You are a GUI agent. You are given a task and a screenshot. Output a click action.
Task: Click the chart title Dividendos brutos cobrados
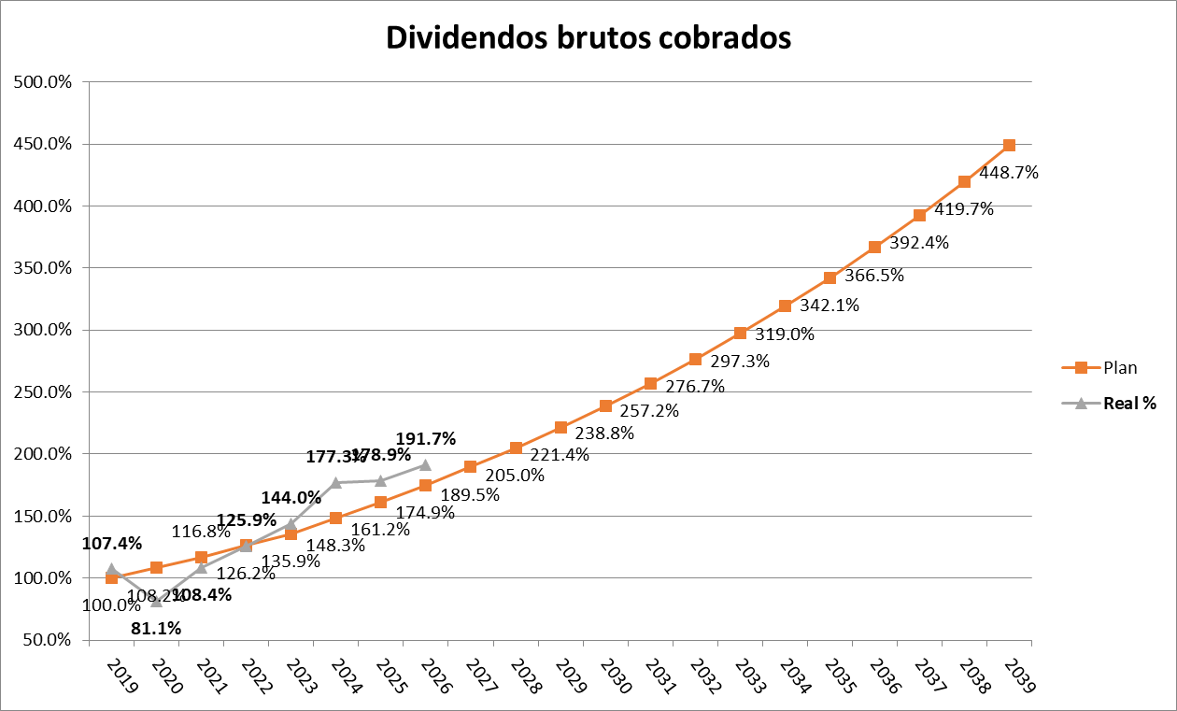click(x=588, y=37)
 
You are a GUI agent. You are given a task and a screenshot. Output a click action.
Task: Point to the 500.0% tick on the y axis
click(x=44, y=82)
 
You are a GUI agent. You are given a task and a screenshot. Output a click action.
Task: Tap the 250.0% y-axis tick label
click(x=44, y=392)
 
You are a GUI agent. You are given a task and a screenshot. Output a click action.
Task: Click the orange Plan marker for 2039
click(x=1009, y=146)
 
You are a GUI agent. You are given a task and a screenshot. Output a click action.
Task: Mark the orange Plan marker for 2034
click(x=785, y=306)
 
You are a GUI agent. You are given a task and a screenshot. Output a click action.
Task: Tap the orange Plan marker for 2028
click(x=516, y=448)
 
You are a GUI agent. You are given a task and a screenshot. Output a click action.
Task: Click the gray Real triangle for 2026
click(x=426, y=464)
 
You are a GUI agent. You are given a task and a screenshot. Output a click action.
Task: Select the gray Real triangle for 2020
click(x=156, y=601)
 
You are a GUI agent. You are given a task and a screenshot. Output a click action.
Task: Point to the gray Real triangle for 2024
click(x=336, y=482)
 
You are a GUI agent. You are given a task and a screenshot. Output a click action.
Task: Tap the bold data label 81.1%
click(x=156, y=628)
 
